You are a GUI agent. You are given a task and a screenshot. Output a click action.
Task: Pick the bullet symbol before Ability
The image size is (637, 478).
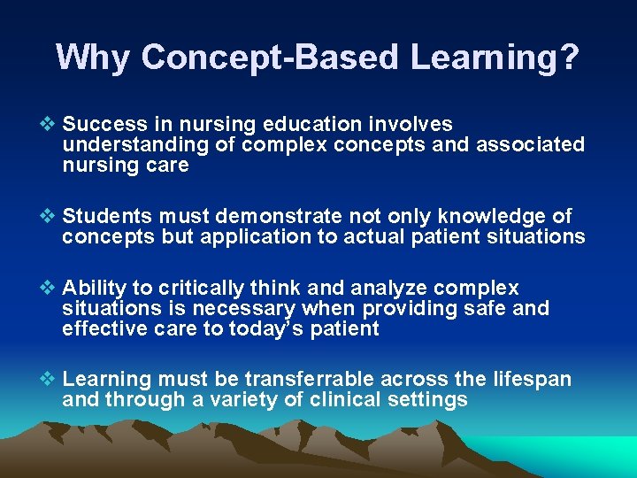coord(51,289)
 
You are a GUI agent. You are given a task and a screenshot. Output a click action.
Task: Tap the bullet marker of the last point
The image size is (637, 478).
coord(51,380)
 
